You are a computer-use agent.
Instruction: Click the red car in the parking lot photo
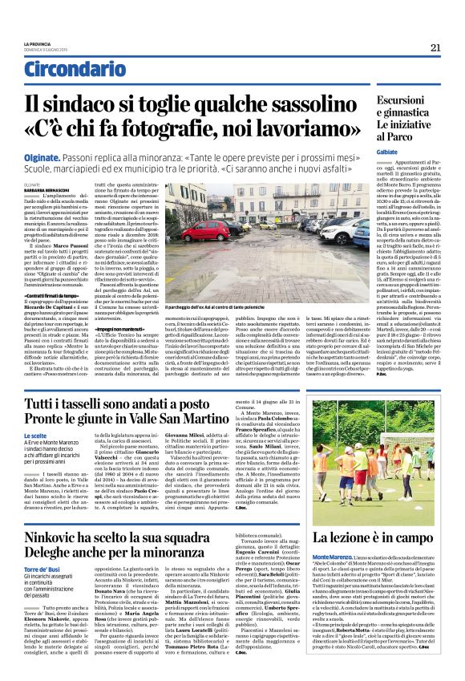206,231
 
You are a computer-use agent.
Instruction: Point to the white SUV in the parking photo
337,233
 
